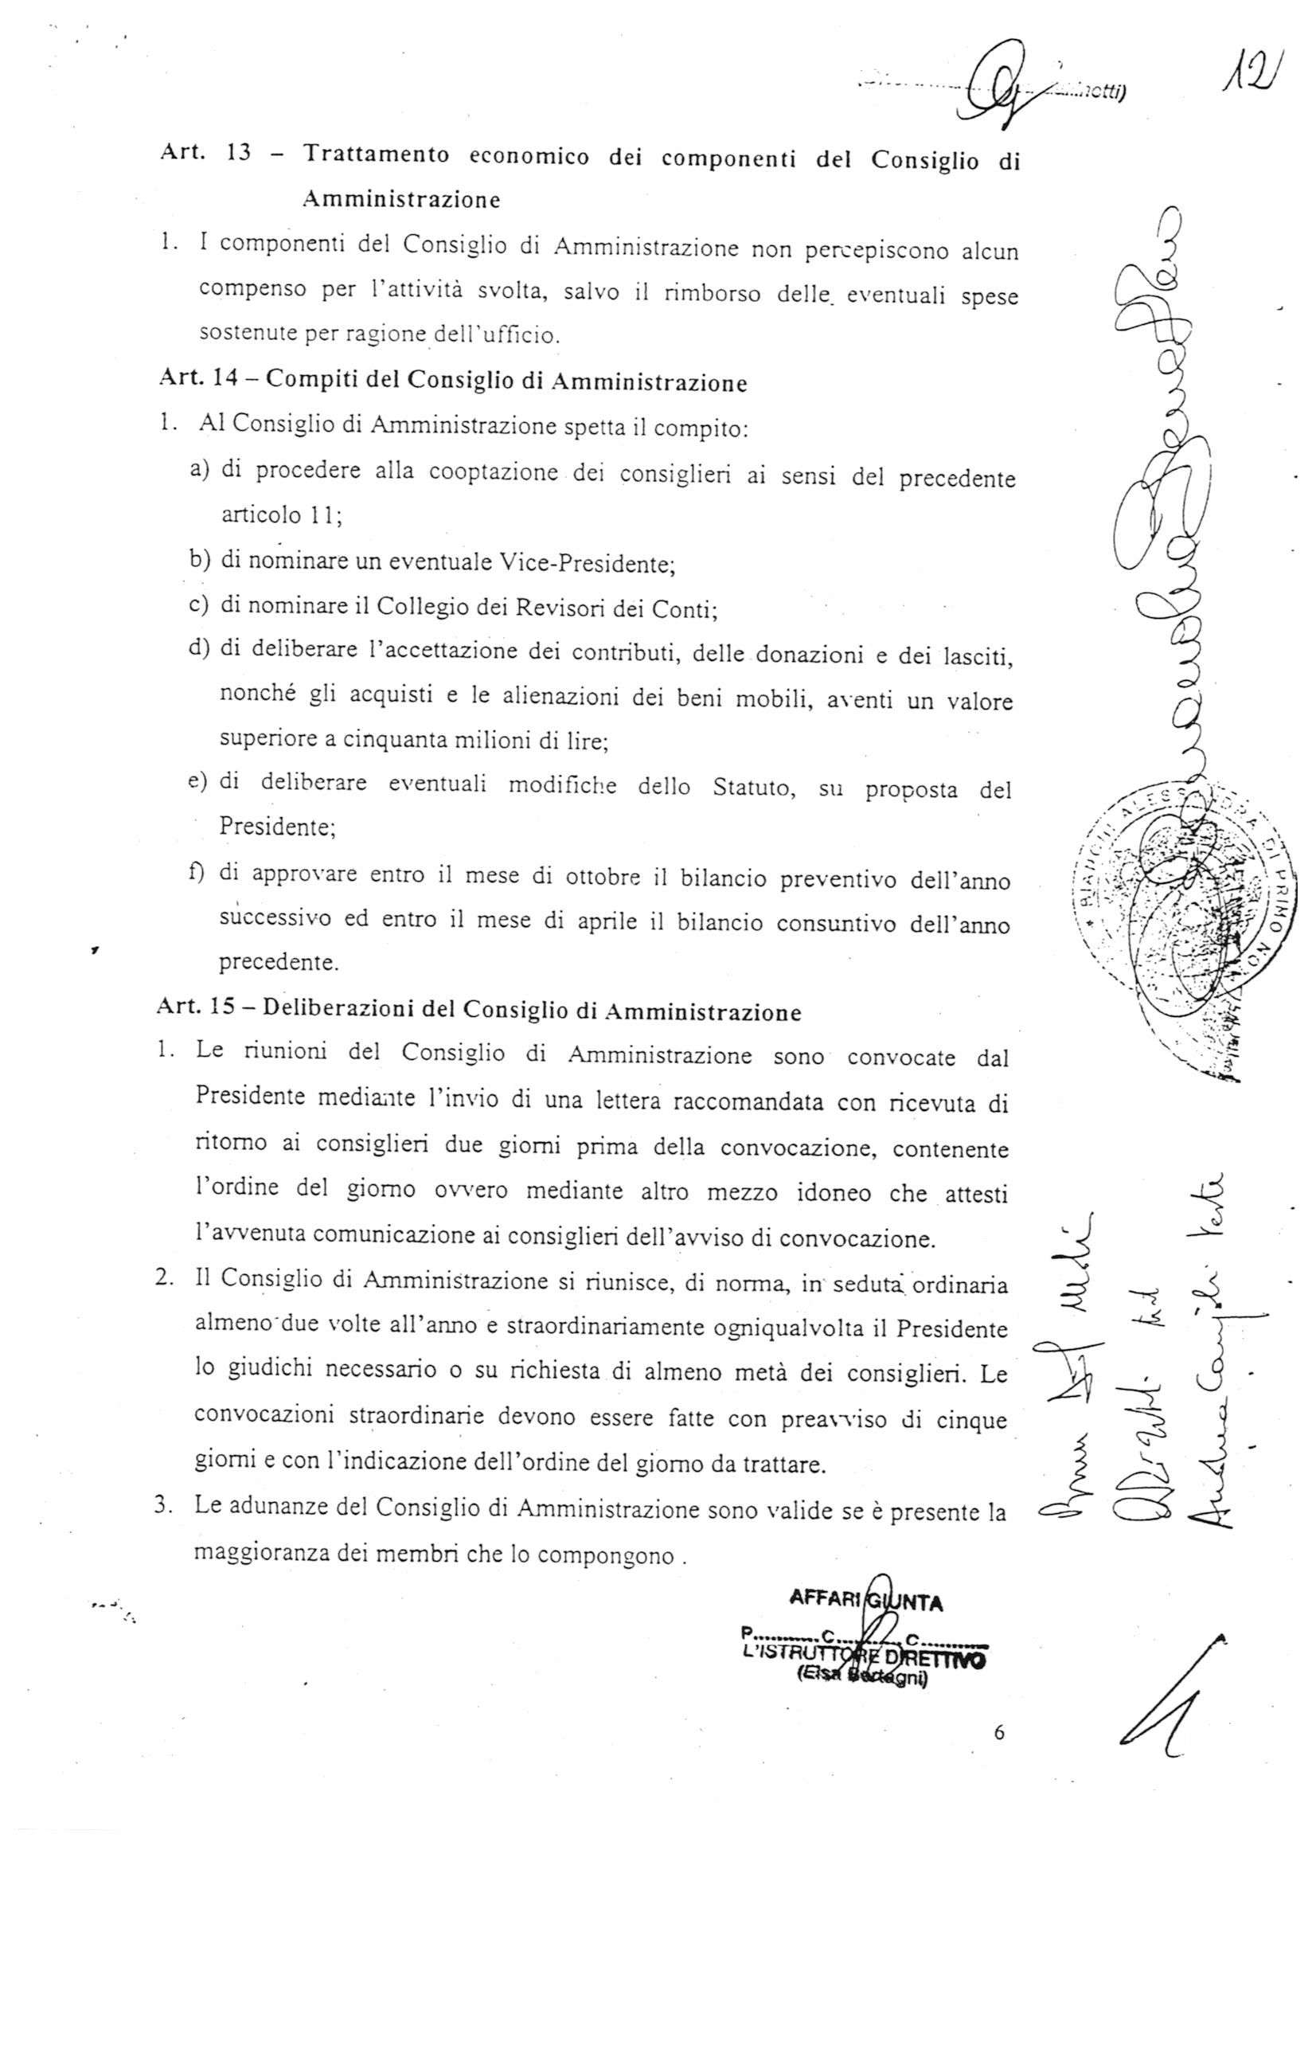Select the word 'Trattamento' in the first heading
376,155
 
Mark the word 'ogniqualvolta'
787,1328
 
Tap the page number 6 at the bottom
998,1732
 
